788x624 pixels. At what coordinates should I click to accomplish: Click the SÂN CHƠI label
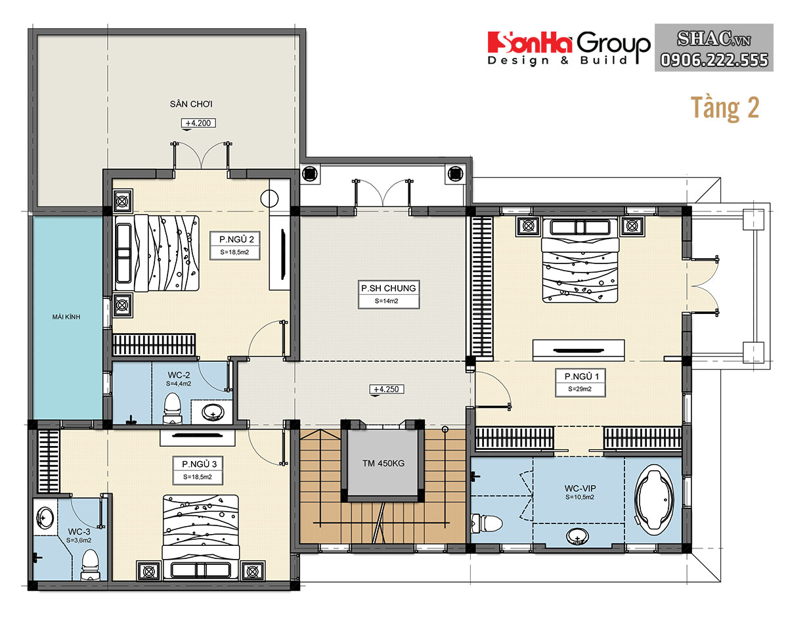(191, 104)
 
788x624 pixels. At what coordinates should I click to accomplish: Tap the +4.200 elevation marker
(198, 123)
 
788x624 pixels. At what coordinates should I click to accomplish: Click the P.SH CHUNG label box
(389, 294)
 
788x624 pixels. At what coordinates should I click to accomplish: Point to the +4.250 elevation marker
(386, 389)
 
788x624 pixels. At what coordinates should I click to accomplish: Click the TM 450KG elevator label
(383, 464)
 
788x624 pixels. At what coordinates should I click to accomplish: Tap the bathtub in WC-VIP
(654, 500)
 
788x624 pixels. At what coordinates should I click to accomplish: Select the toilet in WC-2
(172, 409)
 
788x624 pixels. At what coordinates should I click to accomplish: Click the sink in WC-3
(45, 518)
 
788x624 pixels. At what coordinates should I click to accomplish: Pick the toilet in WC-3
(90, 564)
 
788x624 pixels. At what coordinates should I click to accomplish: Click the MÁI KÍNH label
(66, 317)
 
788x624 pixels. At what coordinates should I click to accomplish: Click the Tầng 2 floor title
(725, 108)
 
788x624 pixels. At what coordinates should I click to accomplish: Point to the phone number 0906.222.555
(714, 60)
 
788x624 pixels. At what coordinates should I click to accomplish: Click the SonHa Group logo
(569, 49)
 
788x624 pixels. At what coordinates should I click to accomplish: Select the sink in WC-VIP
(577, 536)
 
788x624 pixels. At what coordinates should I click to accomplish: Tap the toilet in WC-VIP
(487, 524)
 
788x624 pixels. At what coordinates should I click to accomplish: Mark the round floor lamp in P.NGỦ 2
(269, 198)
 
